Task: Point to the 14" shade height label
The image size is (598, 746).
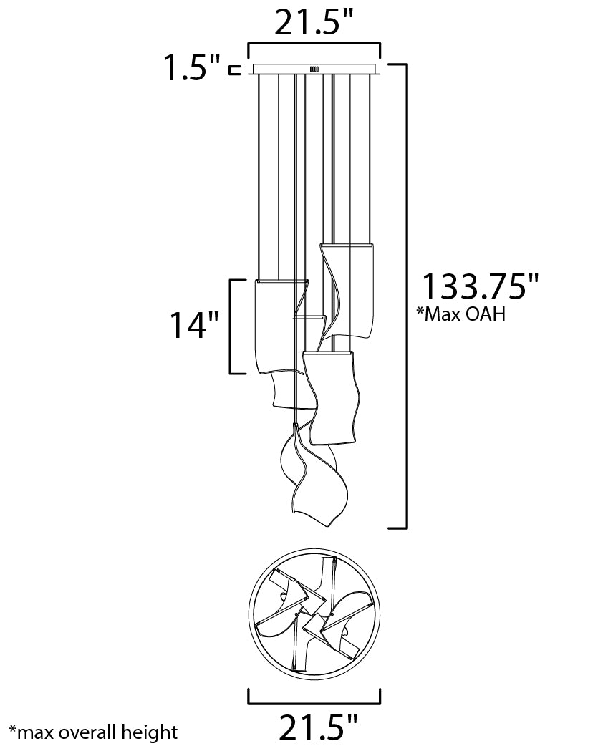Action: pos(193,326)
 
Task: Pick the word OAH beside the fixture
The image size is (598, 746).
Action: pos(488,314)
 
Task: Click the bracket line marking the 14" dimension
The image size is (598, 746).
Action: pos(230,326)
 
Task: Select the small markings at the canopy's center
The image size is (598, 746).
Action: pos(314,69)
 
